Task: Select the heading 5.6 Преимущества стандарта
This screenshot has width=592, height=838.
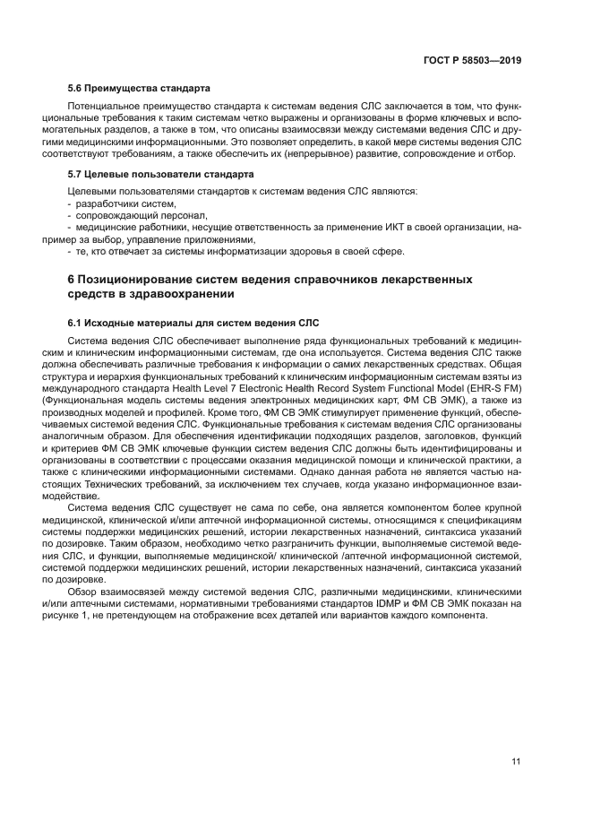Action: [x=139, y=89]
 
